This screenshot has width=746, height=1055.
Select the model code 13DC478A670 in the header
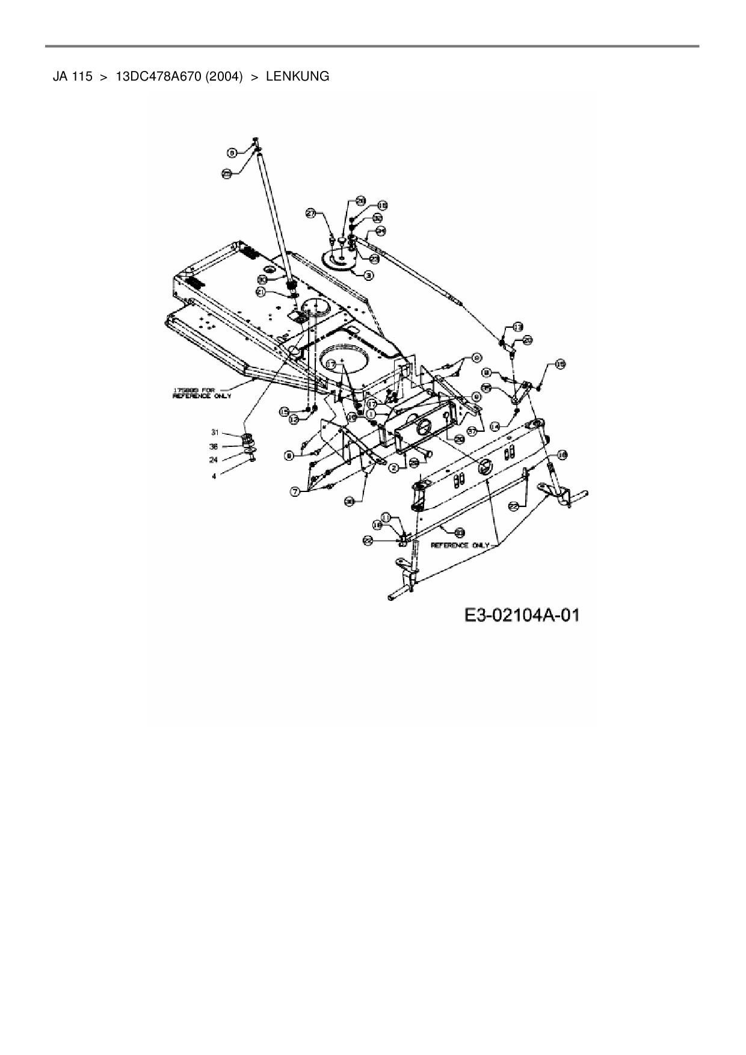[x=158, y=76]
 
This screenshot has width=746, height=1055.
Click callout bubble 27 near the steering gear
[x=310, y=213]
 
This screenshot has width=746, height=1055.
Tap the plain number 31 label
[x=214, y=432]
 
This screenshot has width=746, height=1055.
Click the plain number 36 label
[x=214, y=446]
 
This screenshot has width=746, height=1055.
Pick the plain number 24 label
[x=214, y=460]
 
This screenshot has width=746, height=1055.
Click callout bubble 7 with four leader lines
[x=295, y=492]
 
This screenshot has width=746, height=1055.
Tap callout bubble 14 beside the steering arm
[x=495, y=425]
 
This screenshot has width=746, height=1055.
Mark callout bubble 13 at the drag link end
[x=517, y=327]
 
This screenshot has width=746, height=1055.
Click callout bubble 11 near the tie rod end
[x=386, y=517]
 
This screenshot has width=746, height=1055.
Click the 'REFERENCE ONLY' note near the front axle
[x=461, y=545]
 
